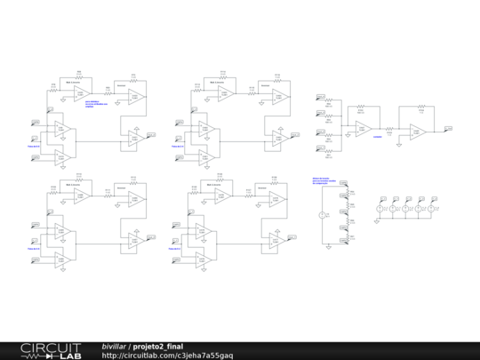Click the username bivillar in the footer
[113, 346]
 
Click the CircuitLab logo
[52, 350]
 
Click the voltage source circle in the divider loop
[323, 216]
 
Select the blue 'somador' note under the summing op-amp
[378, 137]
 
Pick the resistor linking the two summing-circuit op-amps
[389, 130]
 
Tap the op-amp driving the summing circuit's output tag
[417, 132]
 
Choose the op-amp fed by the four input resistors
[363, 129]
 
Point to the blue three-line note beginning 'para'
[92, 104]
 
